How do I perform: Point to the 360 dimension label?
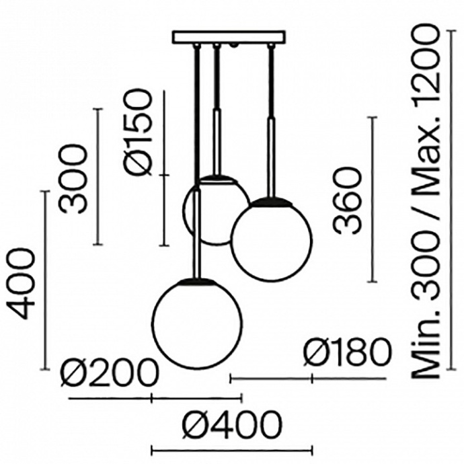click(348, 201)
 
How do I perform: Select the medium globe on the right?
click(272, 239)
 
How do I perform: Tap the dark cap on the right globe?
click(272, 200)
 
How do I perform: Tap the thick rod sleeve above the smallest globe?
click(217, 141)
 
